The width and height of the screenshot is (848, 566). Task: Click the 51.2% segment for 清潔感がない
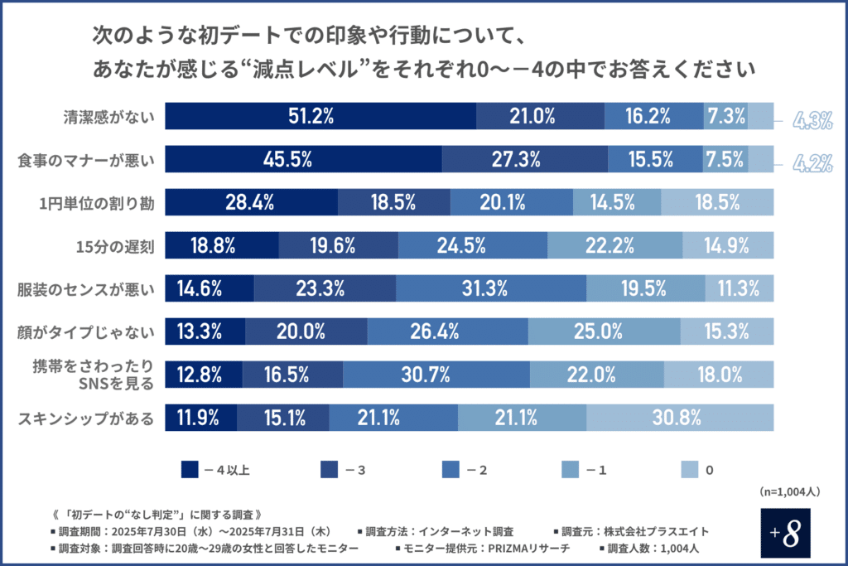pos(320,117)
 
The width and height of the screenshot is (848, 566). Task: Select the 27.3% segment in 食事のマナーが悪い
pos(524,159)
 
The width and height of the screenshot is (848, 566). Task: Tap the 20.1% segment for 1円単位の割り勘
pos(511,202)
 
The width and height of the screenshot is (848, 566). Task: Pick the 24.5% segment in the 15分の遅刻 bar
pos(472,244)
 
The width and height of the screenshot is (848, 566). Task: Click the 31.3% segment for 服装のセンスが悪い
pos(490,288)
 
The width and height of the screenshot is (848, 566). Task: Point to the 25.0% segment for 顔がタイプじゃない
pos(604,331)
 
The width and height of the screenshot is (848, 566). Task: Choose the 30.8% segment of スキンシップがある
pos(679,417)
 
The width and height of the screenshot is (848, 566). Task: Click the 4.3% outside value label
pos(812,121)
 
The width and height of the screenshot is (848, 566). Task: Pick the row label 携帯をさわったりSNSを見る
pos(104,375)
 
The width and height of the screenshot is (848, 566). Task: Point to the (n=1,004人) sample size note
pos(789,491)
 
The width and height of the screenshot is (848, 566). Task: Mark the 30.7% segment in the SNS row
pos(436,375)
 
